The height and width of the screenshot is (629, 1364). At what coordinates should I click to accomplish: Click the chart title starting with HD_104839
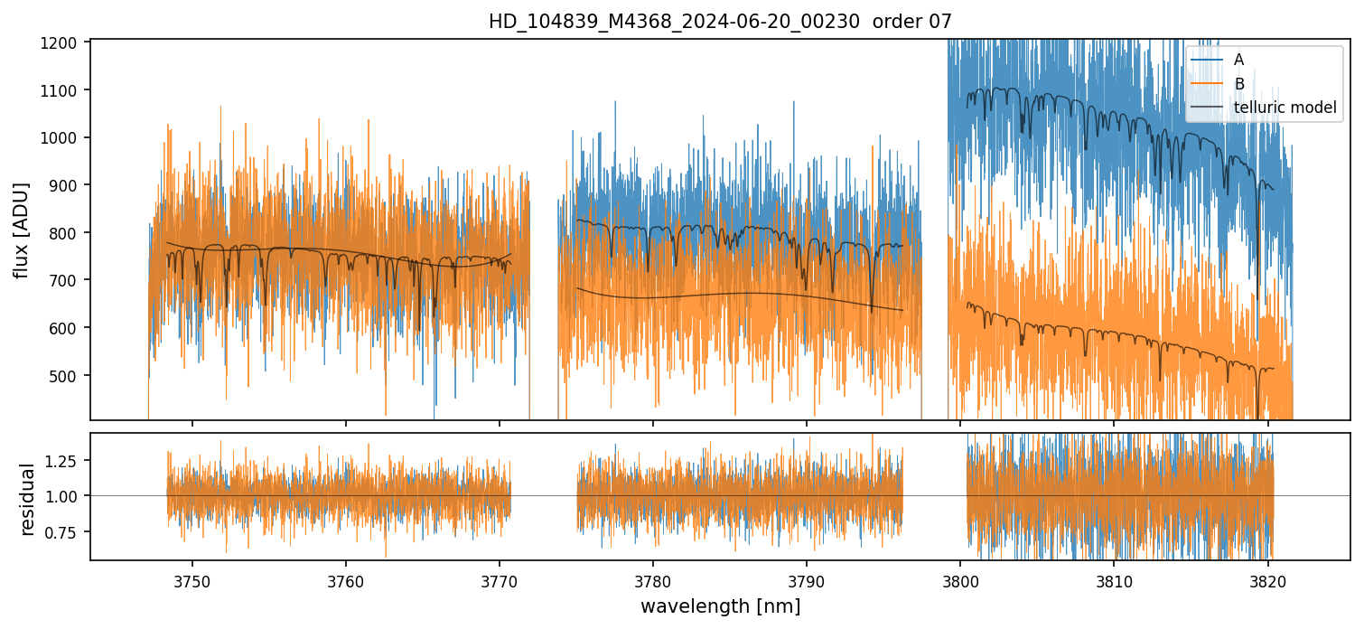coord(720,22)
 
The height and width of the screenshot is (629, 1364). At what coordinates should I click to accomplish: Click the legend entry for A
coord(1238,60)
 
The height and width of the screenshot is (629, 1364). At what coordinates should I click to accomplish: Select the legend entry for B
coord(1238,84)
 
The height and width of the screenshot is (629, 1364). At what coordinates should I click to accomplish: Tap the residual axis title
coord(27,498)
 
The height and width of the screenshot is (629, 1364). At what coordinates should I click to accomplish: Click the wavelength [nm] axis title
coord(720,606)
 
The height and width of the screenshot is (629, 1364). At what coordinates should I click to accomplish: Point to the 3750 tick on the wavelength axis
coord(192,579)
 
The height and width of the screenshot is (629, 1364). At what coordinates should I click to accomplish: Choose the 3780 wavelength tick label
coord(653,579)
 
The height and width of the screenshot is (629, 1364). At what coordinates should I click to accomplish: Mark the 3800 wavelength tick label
coord(960,579)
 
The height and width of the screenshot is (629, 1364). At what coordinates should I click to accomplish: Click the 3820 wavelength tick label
coord(1267,579)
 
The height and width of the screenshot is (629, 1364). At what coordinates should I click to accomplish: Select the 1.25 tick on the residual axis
coord(67,460)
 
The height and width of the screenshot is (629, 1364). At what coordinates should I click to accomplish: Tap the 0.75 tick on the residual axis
coord(67,531)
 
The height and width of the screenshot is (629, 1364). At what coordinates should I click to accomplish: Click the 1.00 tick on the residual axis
coord(67,496)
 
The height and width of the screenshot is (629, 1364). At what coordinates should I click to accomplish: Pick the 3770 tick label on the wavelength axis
coord(500,579)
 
